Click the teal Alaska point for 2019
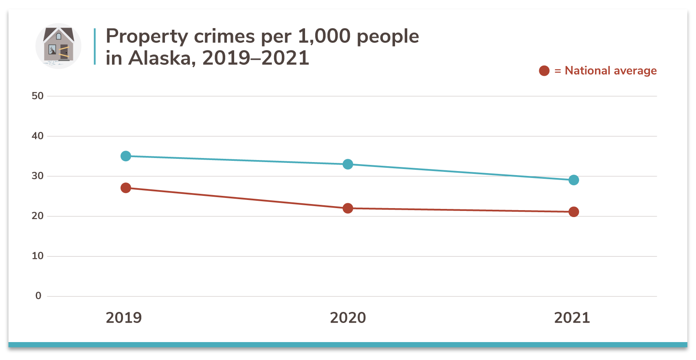[126, 156]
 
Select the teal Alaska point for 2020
[348, 164]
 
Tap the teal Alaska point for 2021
[573, 180]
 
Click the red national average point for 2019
[126, 188]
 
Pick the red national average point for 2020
[348, 208]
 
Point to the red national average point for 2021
[573, 212]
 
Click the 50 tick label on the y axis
[37, 96]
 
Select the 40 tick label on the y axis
[37, 136]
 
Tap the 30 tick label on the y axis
[37, 176]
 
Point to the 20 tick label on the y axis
[37, 216]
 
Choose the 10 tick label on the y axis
[37, 256]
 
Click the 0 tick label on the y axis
[38, 296]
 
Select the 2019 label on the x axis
[124, 318]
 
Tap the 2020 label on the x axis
[348, 318]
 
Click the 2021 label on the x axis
[572, 318]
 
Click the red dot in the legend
[544, 71]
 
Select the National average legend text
[610, 71]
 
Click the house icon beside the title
[59, 46]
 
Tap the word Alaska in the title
[159, 58]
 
